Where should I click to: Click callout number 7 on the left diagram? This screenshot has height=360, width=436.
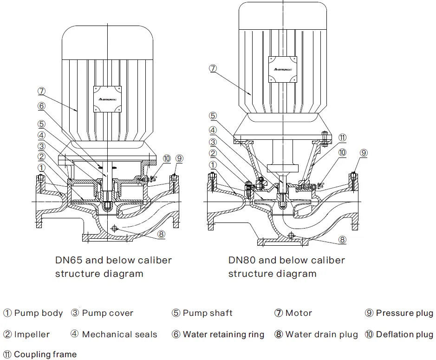tap(41, 91)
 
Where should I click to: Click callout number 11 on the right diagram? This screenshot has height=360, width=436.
tap(342, 137)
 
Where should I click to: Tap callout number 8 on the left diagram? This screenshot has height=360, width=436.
tap(161, 234)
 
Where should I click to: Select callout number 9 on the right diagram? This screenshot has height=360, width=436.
tap(364, 152)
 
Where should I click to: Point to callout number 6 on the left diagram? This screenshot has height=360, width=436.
tap(41, 106)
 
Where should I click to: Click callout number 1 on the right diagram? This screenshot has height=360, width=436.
tap(213, 164)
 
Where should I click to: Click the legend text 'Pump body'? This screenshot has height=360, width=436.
tap(38, 313)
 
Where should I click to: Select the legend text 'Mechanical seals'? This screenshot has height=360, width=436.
tap(119, 334)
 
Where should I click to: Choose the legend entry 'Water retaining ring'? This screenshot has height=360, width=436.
tap(223, 334)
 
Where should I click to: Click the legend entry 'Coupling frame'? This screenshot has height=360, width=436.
tap(45, 355)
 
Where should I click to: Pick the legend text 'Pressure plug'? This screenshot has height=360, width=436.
tap(404, 313)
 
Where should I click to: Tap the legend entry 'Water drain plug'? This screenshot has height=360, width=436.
tap(321, 334)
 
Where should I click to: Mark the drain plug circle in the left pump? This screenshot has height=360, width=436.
tap(115, 228)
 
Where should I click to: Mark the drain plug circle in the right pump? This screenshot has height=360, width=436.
tap(291, 236)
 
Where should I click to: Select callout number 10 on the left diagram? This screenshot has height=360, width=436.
tap(167, 159)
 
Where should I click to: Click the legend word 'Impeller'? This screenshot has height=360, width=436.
tap(32, 334)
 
